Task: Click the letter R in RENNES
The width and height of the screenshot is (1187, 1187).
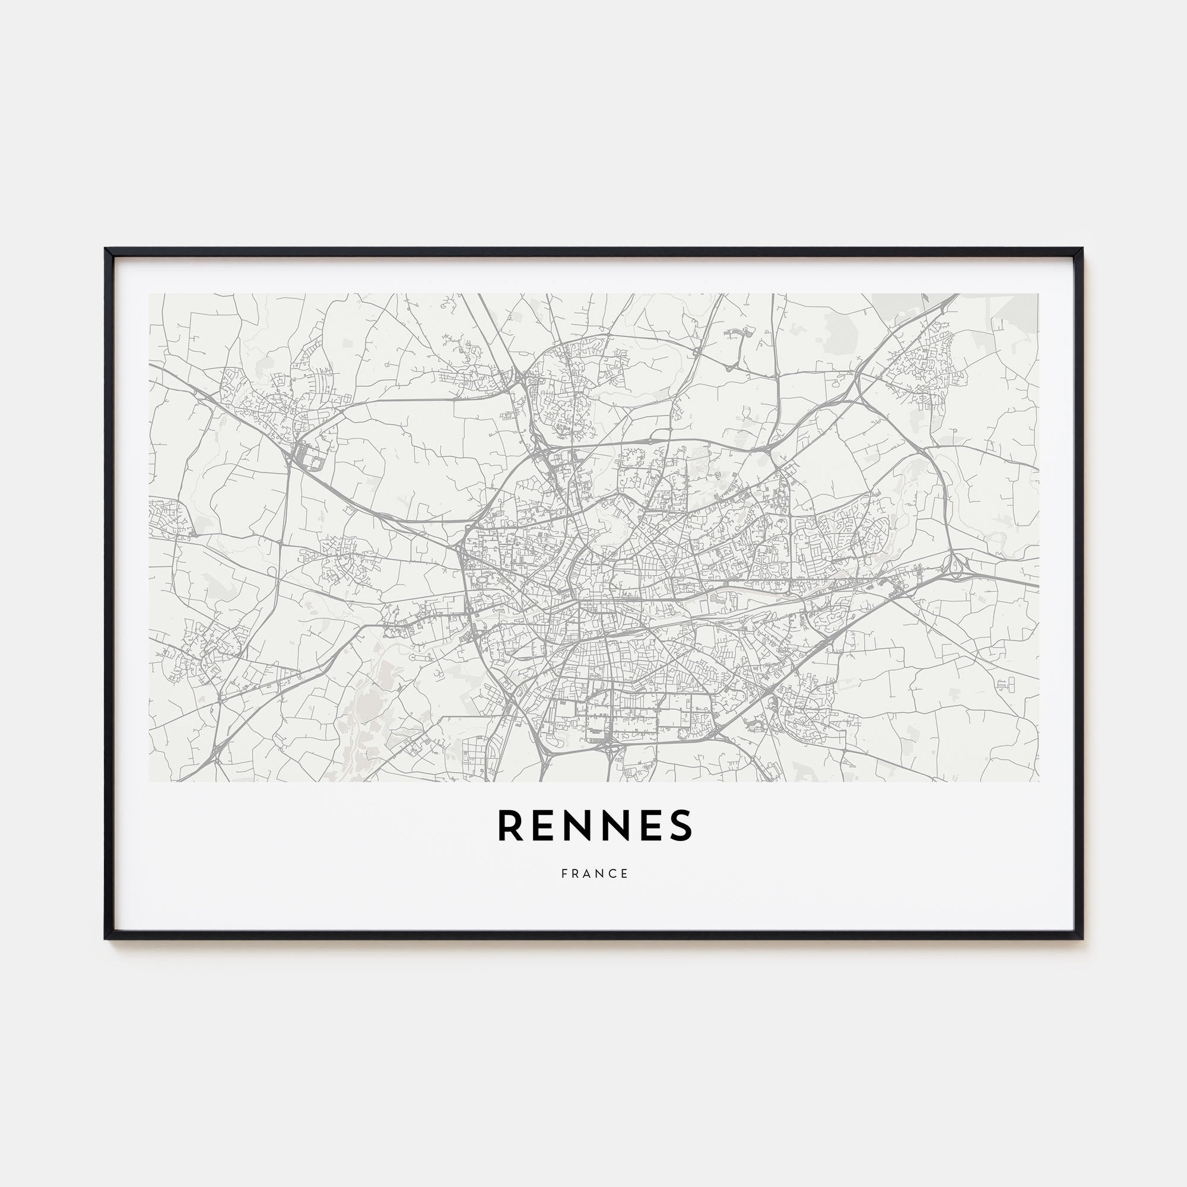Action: [510, 824]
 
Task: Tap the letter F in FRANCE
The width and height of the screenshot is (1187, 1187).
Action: [564, 874]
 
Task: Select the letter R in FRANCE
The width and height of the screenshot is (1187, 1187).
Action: [576, 874]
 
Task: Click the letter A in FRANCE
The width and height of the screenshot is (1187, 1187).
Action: [588, 874]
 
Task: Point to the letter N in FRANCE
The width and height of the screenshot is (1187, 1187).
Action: [600, 874]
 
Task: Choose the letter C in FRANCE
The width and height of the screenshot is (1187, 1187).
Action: [613, 874]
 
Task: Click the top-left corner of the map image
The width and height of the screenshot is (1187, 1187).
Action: [150, 294]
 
